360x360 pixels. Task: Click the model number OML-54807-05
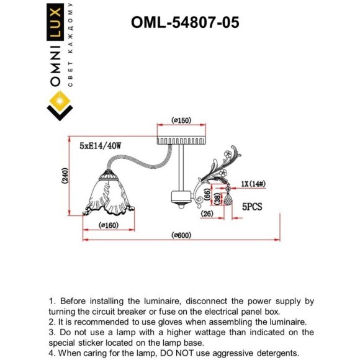[185, 22]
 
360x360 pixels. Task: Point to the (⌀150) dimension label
[181, 120]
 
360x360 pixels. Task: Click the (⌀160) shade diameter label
[110, 225]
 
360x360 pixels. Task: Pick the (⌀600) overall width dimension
[181, 235]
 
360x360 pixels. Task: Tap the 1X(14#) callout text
[253, 184]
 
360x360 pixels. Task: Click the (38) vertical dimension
[216, 199]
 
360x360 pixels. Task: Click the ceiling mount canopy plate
[181, 135]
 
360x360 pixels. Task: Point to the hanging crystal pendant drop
[228, 200]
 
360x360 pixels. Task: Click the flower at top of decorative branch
[228, 151]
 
